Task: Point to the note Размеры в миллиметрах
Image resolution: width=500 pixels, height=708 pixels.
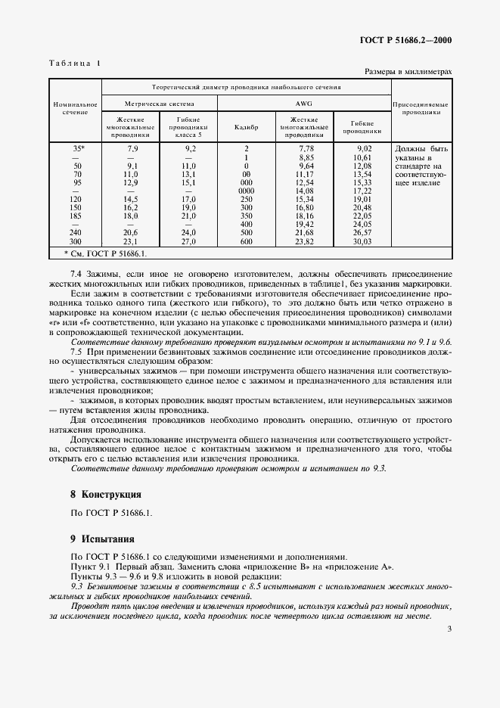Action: (408, 72)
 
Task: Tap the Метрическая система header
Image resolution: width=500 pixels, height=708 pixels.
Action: (160, 104)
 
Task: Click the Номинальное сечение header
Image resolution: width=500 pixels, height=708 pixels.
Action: (75, 107)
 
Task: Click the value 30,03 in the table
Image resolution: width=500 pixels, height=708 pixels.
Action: (364, 241)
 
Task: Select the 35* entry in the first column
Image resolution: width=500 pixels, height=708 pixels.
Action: (76, 149)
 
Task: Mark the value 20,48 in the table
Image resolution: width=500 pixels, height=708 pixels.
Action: (364, 208)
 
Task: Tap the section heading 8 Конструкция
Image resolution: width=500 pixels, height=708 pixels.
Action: (105, 494)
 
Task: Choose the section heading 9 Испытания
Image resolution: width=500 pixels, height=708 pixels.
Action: (101, 539)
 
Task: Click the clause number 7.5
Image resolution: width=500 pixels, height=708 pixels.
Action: (76, 352)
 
